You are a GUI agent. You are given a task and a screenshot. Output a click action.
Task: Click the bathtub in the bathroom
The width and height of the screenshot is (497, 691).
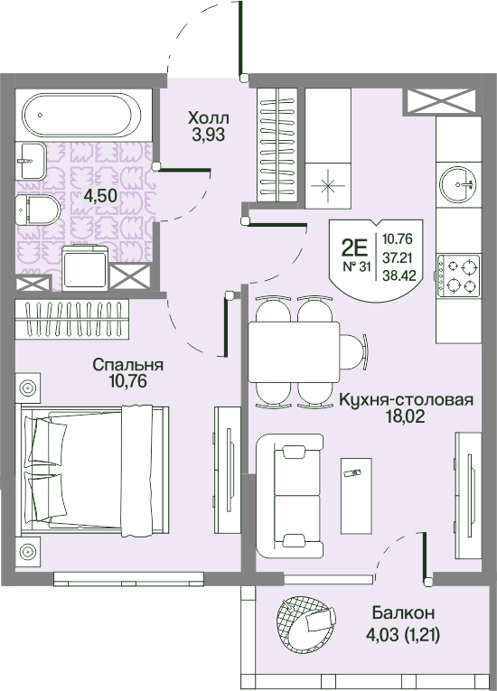click(83, 115)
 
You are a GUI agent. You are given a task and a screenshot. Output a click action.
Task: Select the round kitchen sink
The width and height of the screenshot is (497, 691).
click(458, 183)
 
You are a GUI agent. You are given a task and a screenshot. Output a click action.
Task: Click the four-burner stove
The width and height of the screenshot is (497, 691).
click(458, 275)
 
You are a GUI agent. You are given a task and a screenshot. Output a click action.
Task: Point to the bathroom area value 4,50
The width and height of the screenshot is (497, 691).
click(100, 195)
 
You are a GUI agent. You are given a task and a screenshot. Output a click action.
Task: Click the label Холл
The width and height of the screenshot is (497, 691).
click(208, 118)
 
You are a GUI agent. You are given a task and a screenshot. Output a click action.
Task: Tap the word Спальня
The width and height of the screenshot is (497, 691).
click(128, 365)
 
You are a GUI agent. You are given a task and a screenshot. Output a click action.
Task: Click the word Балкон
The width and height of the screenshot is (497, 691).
click(403, 612)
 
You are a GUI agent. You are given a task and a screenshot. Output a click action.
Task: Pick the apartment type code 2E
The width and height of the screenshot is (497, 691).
click(354, 250)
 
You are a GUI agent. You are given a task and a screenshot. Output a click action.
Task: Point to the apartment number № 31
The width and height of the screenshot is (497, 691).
click(356, 267)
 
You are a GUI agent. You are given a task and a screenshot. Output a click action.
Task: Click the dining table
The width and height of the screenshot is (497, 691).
click(294, 351)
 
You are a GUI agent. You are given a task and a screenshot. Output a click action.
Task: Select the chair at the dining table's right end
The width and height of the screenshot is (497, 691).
click(353, 351)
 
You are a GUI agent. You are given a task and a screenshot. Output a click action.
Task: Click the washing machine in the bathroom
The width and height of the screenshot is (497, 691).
click(85, 268)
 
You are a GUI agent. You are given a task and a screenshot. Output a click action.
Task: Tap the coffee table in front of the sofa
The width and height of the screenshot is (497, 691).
click(356, 495)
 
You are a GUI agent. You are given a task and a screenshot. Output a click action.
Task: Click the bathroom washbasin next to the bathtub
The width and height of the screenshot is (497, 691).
click(31, 161)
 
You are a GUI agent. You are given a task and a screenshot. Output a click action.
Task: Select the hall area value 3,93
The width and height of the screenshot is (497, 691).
click(208, 135)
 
